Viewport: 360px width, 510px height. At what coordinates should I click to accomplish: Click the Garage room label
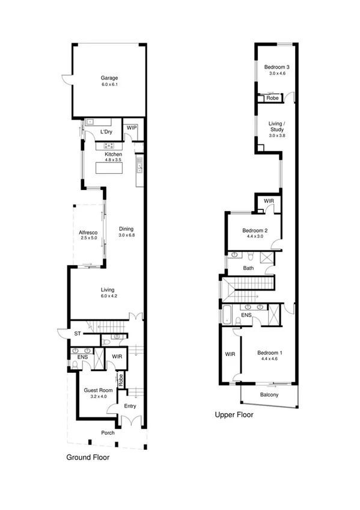pos(109,78)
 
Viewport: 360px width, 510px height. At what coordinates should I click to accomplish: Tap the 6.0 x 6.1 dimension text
pos(109,85)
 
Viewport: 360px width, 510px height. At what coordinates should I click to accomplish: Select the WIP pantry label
pos(132,127)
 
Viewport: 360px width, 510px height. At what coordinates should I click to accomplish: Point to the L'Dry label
pos(106,132)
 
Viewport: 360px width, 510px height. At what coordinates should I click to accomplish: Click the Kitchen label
pos(114,154)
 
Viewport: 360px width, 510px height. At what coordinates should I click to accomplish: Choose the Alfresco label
pos(88,232)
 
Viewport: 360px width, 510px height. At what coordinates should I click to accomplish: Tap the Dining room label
pos(126,229)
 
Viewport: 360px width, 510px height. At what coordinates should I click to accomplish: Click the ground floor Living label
pos(108,289)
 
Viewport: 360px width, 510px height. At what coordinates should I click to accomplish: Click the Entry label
pos(130,407)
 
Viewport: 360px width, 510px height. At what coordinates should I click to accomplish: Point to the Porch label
pos(108,433)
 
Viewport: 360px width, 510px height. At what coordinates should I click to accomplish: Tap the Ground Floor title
pos(88,457)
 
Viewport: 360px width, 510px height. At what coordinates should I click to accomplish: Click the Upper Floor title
pos(234,415)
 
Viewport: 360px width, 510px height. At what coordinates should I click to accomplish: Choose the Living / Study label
pos(277,126)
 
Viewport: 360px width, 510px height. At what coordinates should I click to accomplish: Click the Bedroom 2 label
pos(255,230)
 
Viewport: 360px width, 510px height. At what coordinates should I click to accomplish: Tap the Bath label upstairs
pos(248,268)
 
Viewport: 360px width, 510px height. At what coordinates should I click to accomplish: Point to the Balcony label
pos(269,395)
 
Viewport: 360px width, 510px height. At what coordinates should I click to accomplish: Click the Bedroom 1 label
pos(269,352)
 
